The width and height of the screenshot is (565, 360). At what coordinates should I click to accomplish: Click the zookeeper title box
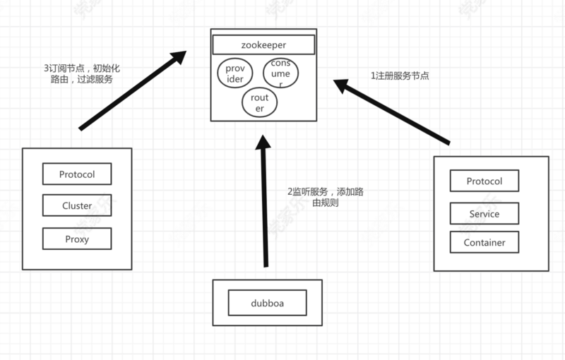pyautogui.click(x=263, y=44)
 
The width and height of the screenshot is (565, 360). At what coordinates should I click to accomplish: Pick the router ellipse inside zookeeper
pyautogui.click(x=259, y=103)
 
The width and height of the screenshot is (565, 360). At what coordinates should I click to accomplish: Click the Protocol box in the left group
pyautogui.click(x=77, y=174)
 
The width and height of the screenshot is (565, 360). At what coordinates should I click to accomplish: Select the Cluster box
pyautogui.click(x=77, y=206)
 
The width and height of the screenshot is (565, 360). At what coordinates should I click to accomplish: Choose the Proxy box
pyautogui.click(x=77, y=239)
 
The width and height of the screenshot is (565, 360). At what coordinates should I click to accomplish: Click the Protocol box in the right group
pyautogui.click(x=484, y=181)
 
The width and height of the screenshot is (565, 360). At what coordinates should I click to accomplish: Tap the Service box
pyautogui.click(x=484, y=214)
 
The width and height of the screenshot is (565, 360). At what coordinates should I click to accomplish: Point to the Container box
pyautogui.click(x=484, y=242)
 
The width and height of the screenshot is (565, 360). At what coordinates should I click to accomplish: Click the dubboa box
pyautogui.click(x=268, y=303)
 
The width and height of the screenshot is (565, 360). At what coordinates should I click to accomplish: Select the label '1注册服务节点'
pyautogui.click(x=400, y=75)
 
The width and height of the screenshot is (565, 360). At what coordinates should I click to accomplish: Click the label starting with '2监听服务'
pyautogui.click(x=326, y=198)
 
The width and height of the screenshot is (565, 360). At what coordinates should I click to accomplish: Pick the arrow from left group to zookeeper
pyautogui.click(x=131, y=92)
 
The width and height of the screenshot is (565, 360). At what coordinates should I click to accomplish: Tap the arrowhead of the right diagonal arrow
pyautogui.click(x=343, y=86)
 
